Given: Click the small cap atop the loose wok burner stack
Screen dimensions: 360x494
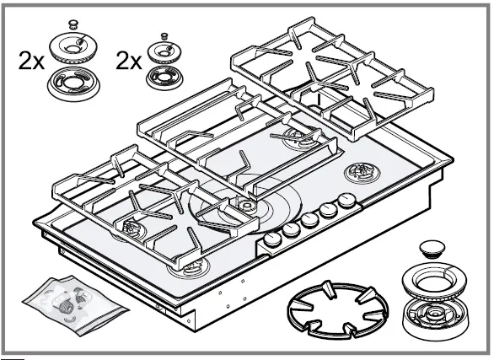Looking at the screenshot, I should [x=432, y=248].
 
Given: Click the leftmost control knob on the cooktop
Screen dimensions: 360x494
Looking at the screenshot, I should [x=273, y=240].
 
